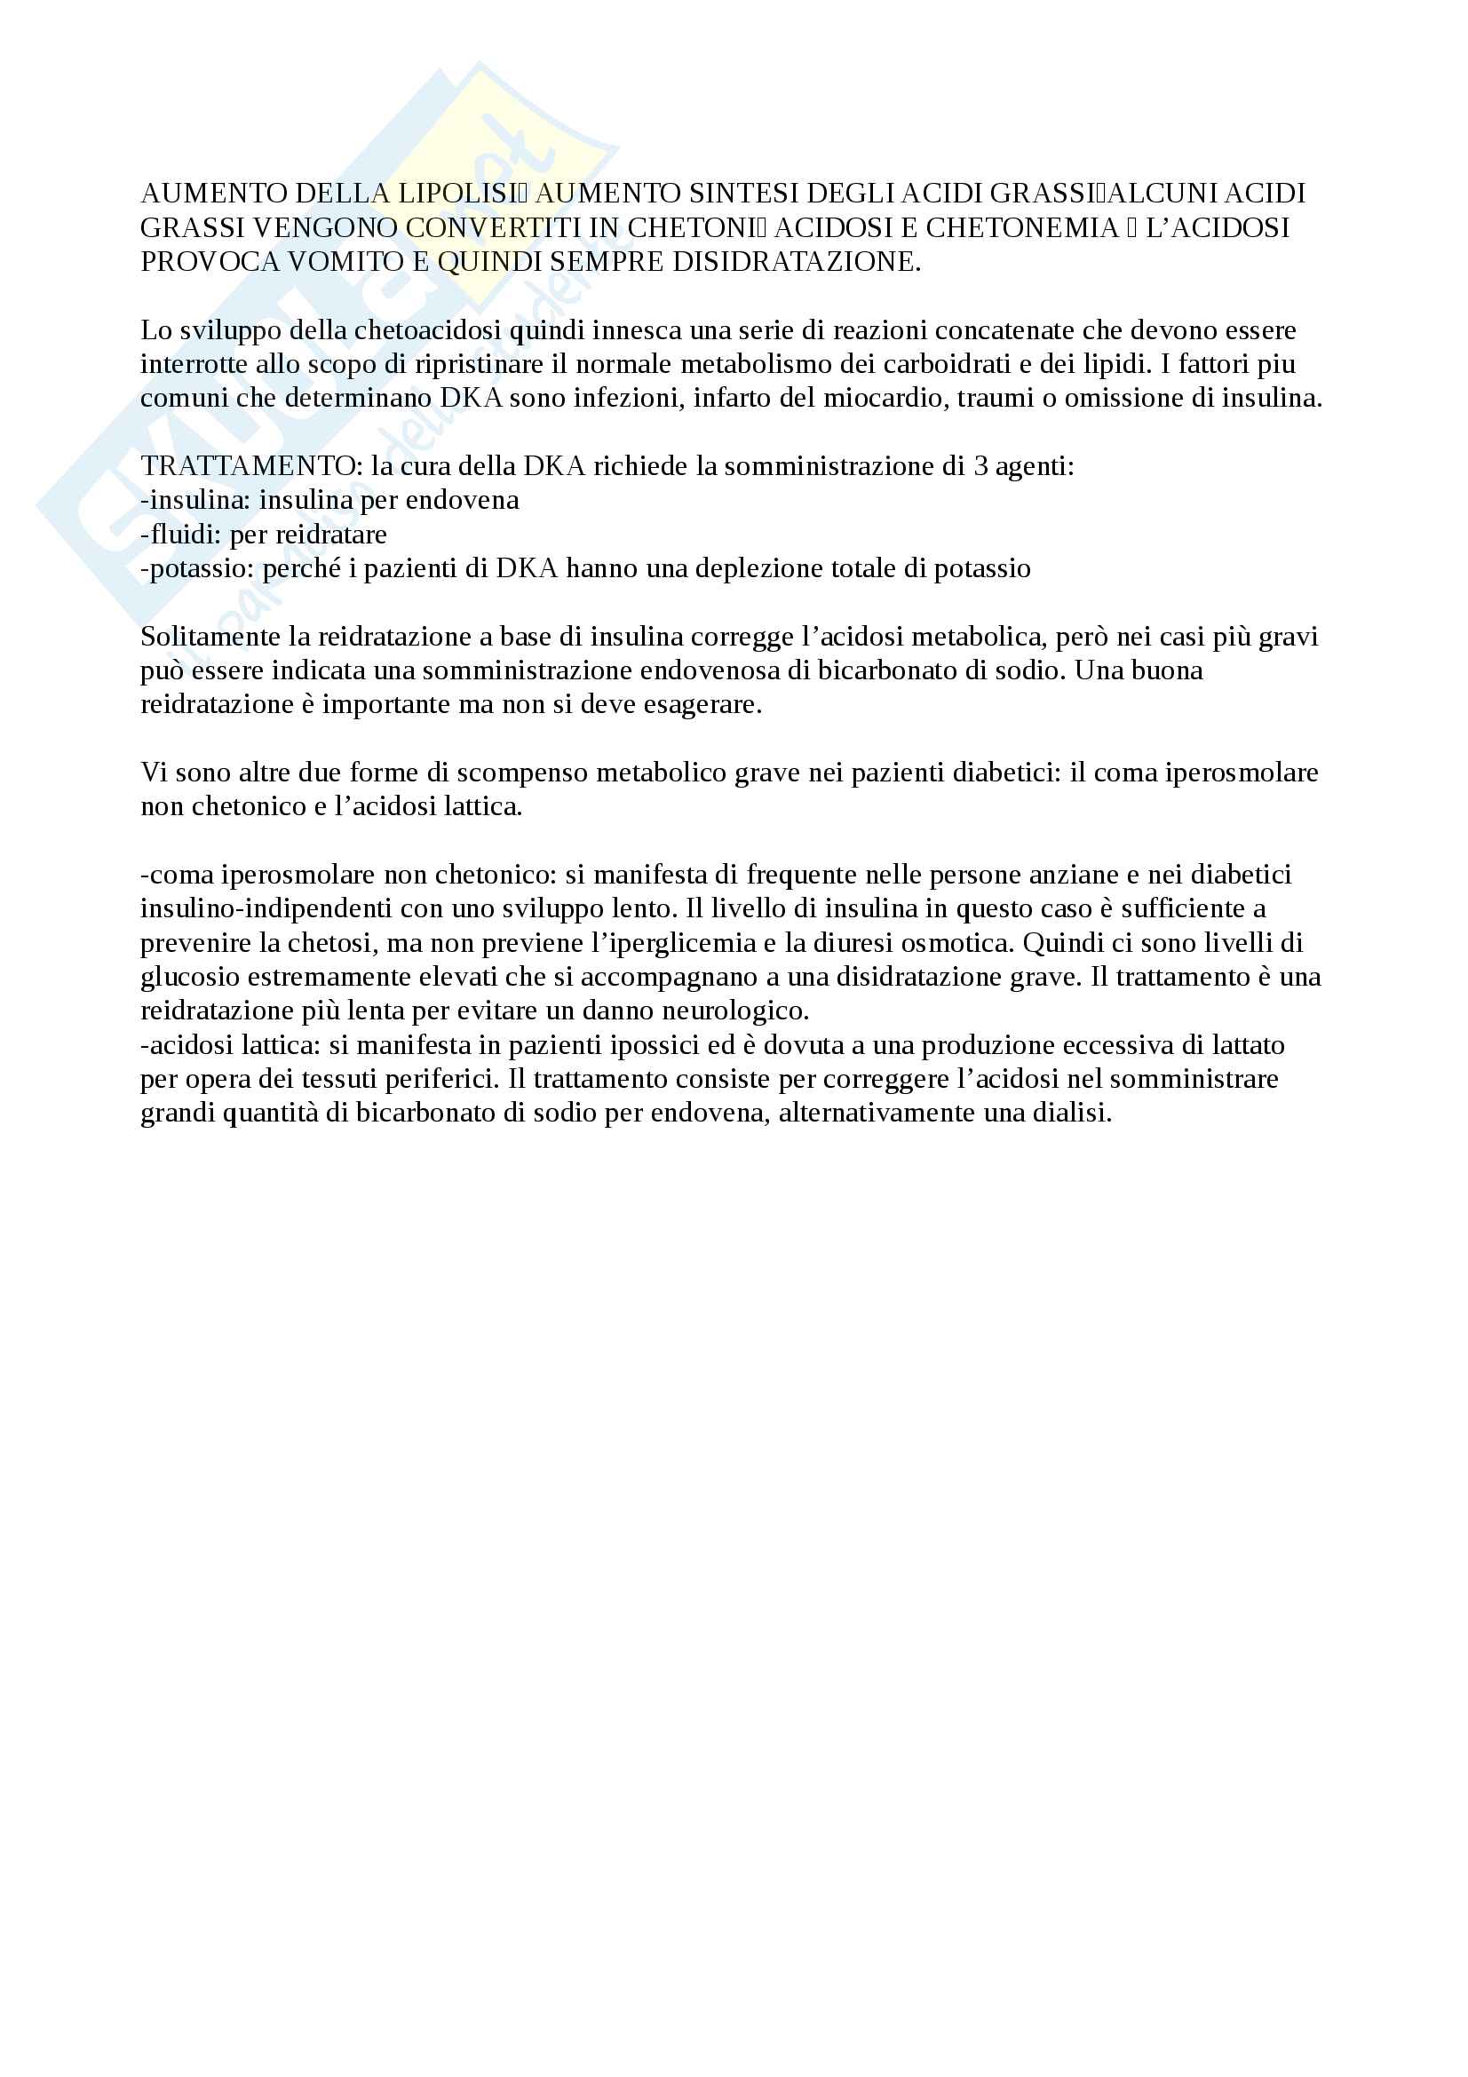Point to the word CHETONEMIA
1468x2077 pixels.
coord(1022,228)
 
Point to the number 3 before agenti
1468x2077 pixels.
coord(981,467)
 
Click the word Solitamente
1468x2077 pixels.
coord(210,637)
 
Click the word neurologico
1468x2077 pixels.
coord(734,1011)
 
